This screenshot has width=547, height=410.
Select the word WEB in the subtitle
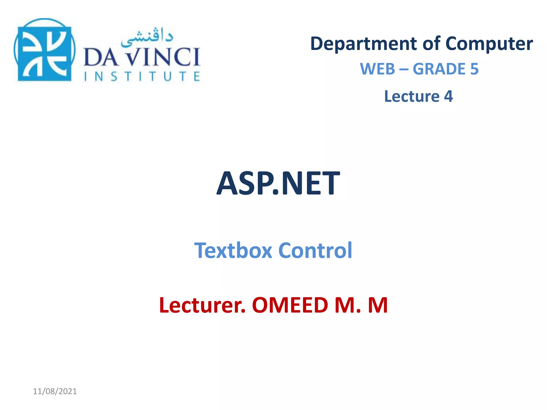(377, 69)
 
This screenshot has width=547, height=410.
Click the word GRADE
(439, 69)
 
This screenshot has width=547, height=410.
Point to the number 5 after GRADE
(474, 69)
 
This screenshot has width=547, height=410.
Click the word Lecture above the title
(412, 96)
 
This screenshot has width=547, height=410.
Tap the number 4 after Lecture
(448, 96)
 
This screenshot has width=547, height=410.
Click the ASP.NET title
(278, 184)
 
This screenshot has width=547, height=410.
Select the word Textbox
(233, 250)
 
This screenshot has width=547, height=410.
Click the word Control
(315, 250)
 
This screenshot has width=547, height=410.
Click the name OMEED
(290, 305)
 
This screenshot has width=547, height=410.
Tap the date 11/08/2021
(55, 391)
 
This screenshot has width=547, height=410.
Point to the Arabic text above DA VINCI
(147, 37)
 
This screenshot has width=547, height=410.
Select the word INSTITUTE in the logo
(142, 76)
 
